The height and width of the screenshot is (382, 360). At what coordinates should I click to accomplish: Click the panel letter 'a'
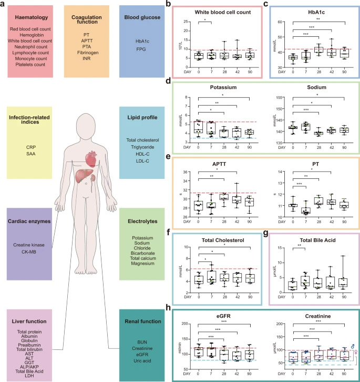pyautogui.click(x=4, y=5)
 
